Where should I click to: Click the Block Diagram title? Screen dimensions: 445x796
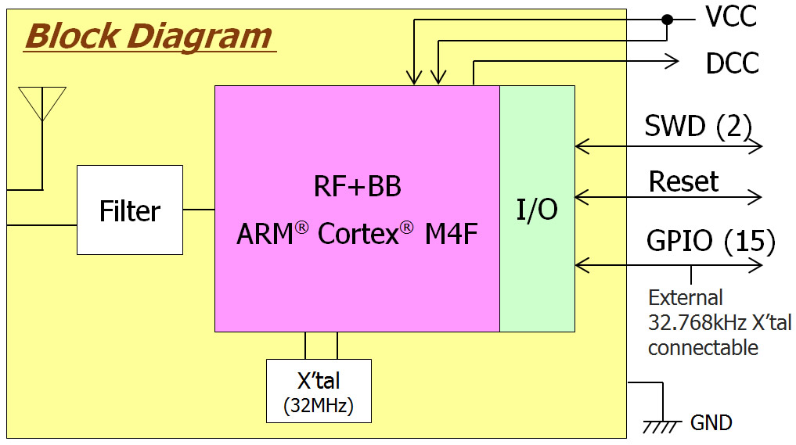pyautogui.click(x=149, y=36)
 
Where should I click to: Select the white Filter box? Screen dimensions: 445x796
pyautogui.click(x=130, y=210)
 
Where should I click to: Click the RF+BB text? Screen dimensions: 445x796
pyautogui.click(x=357, y=187)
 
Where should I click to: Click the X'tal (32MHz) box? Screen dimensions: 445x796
pyautogui.click(x=319, y=391)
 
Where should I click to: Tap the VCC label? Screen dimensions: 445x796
pyautogui.click(x=730, y=17)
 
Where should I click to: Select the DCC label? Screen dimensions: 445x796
pyautogui.click(x=732, y=63)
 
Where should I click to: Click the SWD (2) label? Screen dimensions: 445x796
pyautogui.click(x=697, y=125)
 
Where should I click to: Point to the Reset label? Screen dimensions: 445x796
pyautogui.click(x=683, y=182)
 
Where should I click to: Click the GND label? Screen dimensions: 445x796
pyautogui.click(x=711, y=423)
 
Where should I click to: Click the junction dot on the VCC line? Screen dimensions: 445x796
pyautogui.click(x=667, y=20)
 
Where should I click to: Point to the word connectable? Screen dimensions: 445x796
pyautogui.click(x=703, y=347)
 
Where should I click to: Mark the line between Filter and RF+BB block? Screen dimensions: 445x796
pyautogui.click(x=199, y=210)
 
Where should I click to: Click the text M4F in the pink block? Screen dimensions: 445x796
pyautogui.click(x=451, y=234)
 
